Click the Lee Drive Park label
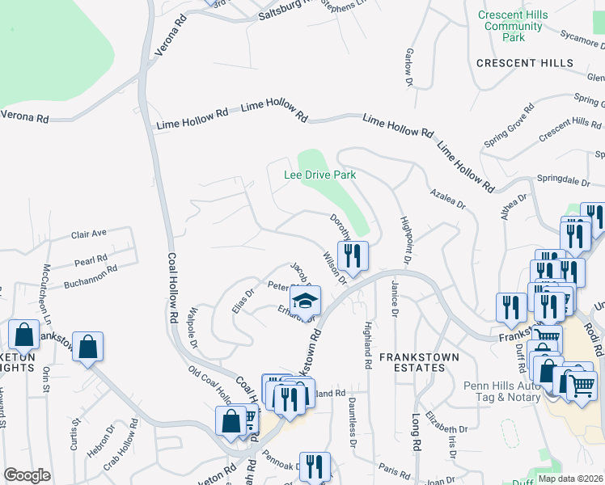coord(319,175)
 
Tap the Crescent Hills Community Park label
coord(512,27)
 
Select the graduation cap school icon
coord(305,301)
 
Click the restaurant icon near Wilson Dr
coord(352,255)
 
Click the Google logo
coord(27,475)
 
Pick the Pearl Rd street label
coord(91,260)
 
